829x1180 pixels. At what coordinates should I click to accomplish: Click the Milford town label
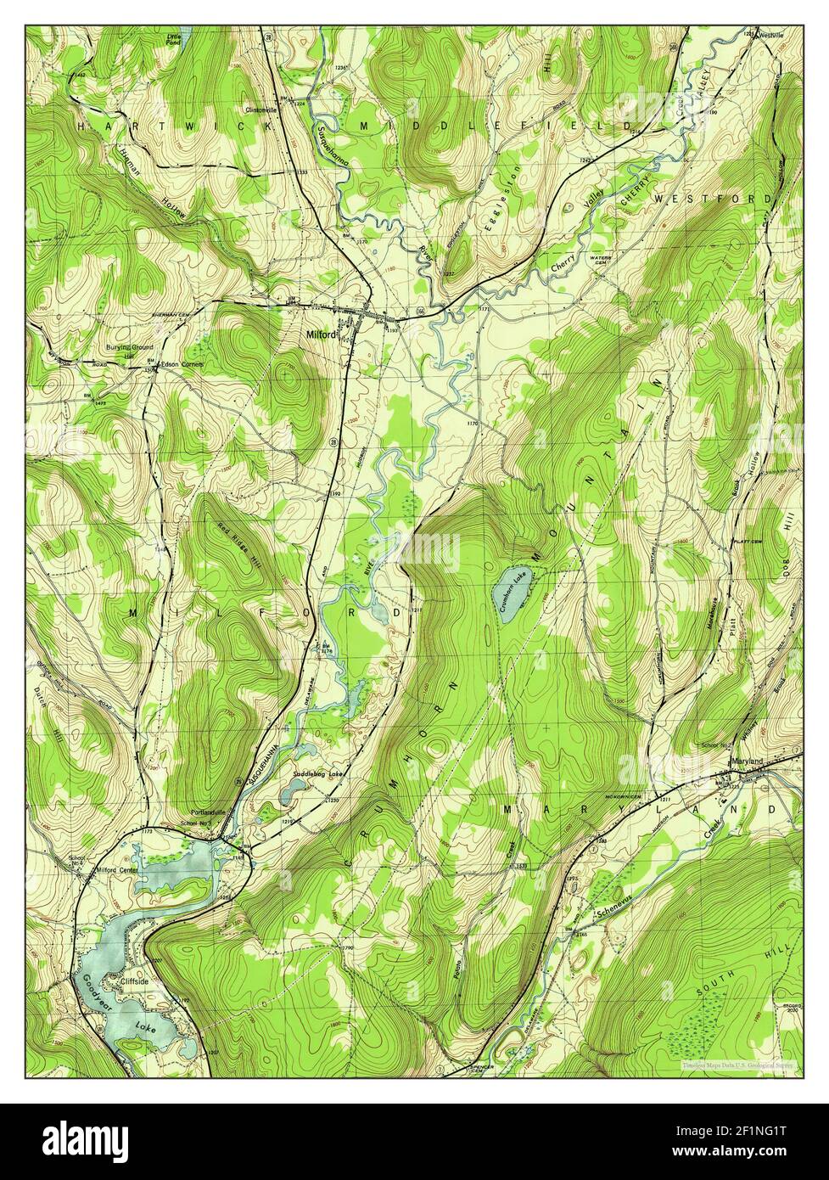coord(321,334)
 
